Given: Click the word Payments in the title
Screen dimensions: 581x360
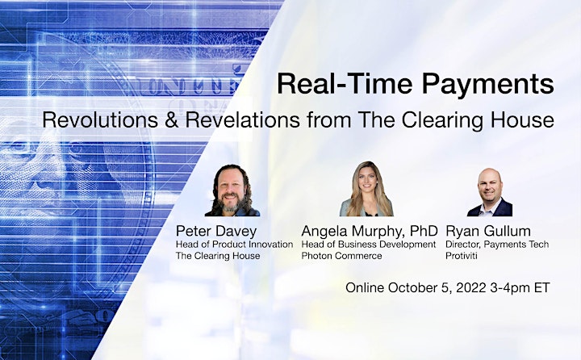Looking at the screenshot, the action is pyautogui.click(x=487, y=85).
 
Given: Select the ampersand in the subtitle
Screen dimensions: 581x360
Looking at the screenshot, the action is pyautogui.click(x=171, y=120).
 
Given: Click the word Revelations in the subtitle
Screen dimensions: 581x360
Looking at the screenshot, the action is pyautogui.click(x=242, y=120).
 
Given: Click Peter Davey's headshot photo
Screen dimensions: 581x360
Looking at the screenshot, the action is pyautogui.click(x=232, y=190).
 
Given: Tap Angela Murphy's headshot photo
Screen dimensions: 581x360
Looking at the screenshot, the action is pyautogui.click(x=366, y=189).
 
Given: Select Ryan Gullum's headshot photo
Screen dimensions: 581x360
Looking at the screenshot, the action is pyautogui.click(x=490, y=192).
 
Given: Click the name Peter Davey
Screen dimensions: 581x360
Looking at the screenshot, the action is pyautogui.click(x=216, y=232).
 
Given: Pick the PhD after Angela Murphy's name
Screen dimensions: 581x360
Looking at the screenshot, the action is pyautogui.click(x=424, y=231).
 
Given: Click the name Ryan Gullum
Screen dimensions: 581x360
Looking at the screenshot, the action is pyautogui.click(x=488, y=232).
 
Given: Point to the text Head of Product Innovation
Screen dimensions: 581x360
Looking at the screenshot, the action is pyautogui.click(x=234, y=245).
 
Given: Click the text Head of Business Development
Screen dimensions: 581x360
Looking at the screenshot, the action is pyautogui.click(x=369, y=245).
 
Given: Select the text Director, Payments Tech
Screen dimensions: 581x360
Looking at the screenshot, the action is pyautogui.click(x=497, y=245).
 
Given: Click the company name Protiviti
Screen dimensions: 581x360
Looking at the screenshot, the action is pyautogui.click(x=462, y=256).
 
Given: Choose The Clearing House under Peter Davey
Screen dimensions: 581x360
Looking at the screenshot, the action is pyautogui.click(x=218, y=256).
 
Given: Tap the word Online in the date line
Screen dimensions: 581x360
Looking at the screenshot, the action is pyautogui.click(x=365, y=287).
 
